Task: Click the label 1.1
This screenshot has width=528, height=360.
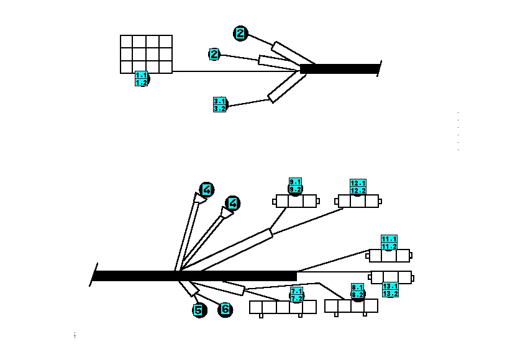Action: point(141,75)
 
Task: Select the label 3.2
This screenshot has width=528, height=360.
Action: point(219,108)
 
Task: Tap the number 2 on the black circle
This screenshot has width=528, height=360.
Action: point(240,34)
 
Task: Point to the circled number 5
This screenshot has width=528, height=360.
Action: point(199,310)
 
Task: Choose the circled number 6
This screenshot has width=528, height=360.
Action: point(225,308)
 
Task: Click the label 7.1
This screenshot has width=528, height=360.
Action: point(296,291)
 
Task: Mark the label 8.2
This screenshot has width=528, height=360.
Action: point(357,295)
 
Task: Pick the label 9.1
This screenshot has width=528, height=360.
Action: point(295,182)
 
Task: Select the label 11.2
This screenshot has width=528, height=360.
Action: point(389,246)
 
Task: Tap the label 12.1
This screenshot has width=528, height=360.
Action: point(358,183)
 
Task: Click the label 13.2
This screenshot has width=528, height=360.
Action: point(390,293)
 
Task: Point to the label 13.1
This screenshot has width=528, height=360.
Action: point(390,286)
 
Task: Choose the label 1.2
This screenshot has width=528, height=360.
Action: point(141,82)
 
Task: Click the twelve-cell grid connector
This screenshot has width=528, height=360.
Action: point(146,54)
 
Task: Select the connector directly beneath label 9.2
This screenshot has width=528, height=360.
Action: point(296,202)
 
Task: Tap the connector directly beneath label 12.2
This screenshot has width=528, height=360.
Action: point(357,202)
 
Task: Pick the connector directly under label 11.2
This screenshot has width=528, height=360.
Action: point(389,256)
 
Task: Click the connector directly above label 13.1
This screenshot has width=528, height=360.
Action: point(389,277)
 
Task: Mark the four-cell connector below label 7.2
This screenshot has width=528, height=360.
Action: point(283,307)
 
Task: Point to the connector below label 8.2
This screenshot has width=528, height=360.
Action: point(351,306)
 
